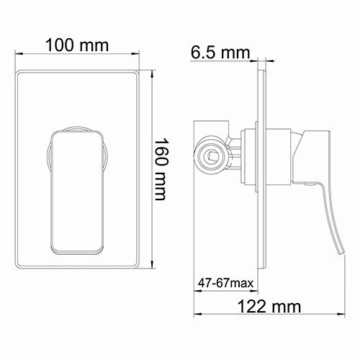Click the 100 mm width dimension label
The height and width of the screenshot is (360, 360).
76,45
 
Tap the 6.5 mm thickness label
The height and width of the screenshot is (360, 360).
220,53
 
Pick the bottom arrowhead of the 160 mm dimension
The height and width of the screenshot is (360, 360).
153,267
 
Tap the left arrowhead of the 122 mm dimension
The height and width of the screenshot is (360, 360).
196,314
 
